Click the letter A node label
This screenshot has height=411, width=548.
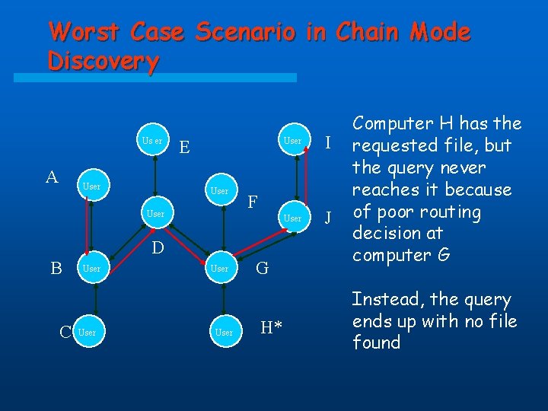(52, 177)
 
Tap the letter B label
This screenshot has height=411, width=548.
(56, 268)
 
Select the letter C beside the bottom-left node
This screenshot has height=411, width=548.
(66, 332)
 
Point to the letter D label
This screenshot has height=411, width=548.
(156, 247)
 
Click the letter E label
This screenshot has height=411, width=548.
(185, 146)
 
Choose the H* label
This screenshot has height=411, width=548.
(272, 328)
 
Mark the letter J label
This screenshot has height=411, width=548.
(328, 218)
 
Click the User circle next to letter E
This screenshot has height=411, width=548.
(153, 141)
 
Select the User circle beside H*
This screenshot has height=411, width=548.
(224, 333)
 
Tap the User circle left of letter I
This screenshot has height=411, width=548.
(293, 141)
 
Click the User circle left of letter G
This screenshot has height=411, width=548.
(219, 269)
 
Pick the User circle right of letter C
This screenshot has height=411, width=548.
(88, 333)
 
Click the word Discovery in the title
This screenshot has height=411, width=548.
(103, 61)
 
